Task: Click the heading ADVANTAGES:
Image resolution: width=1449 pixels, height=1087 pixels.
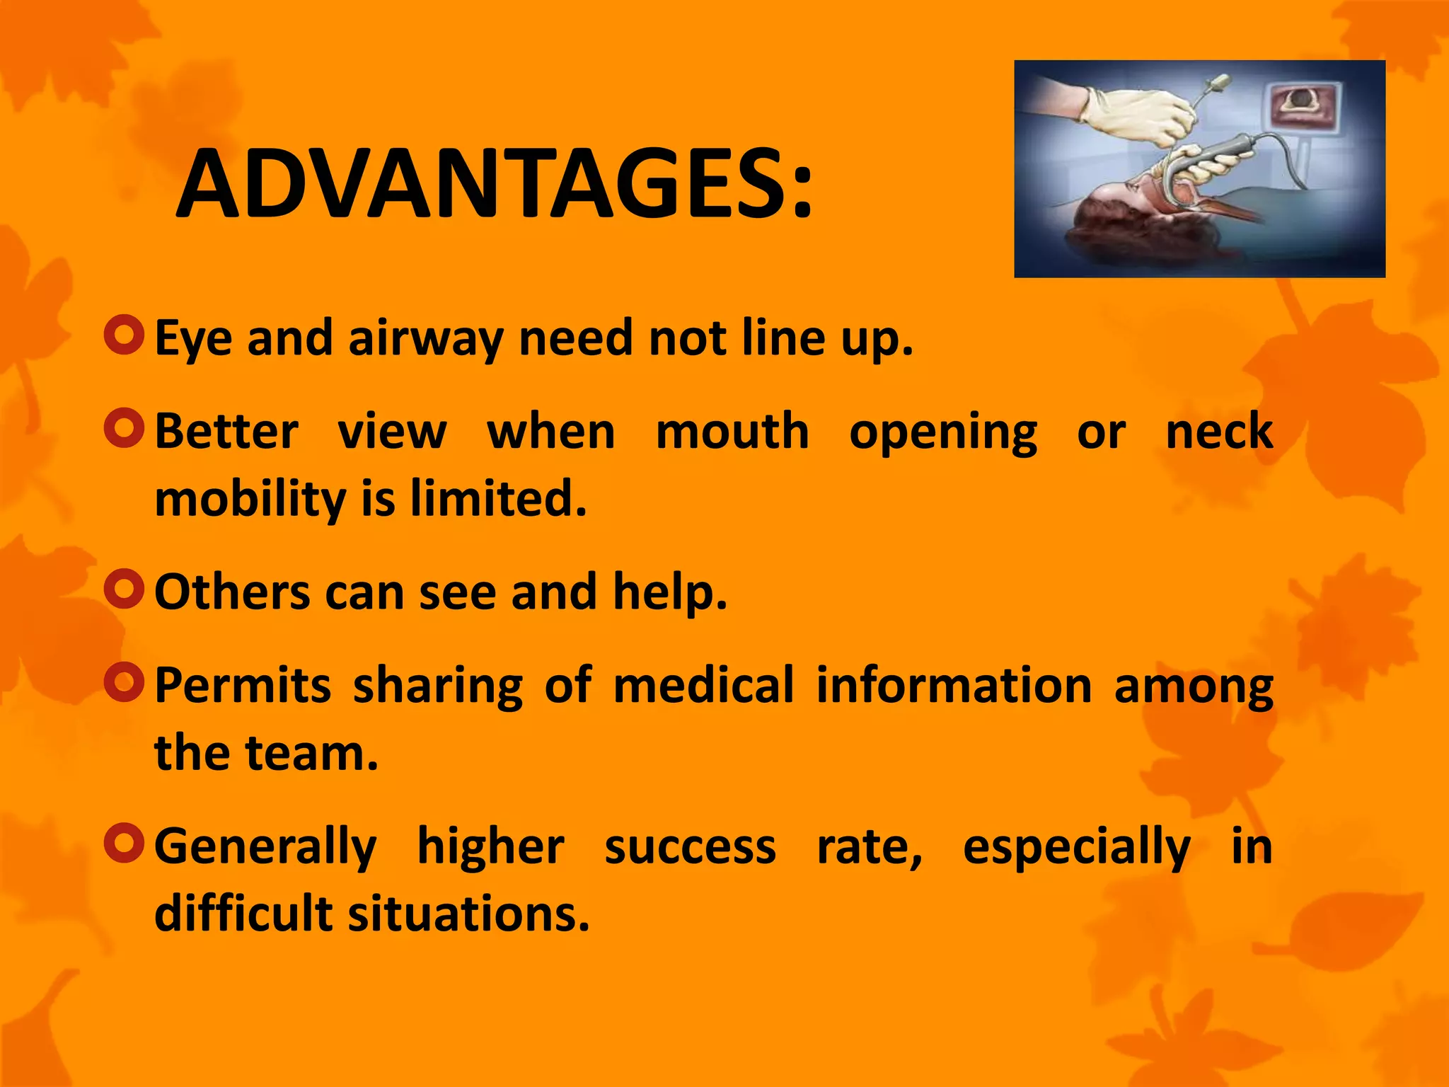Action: click(495, 185)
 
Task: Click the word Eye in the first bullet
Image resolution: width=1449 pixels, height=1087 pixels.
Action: click(192, 338)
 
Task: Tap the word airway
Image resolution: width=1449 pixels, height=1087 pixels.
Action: click(425, 338)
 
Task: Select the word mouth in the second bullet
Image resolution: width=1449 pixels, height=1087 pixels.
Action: click(732, 431)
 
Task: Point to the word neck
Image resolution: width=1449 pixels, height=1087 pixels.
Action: click(1218, 431)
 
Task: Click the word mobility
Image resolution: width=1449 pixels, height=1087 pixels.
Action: click(250, 499)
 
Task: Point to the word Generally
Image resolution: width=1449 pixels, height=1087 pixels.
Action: click(265, 846)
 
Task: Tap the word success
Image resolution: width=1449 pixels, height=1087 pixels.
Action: click(690, 846)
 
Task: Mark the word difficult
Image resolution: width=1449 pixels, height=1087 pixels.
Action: click(243, 913)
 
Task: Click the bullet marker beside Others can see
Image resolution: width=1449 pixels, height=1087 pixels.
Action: click(124, 589)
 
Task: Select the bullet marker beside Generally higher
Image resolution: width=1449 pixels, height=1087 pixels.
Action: click(124, 843)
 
